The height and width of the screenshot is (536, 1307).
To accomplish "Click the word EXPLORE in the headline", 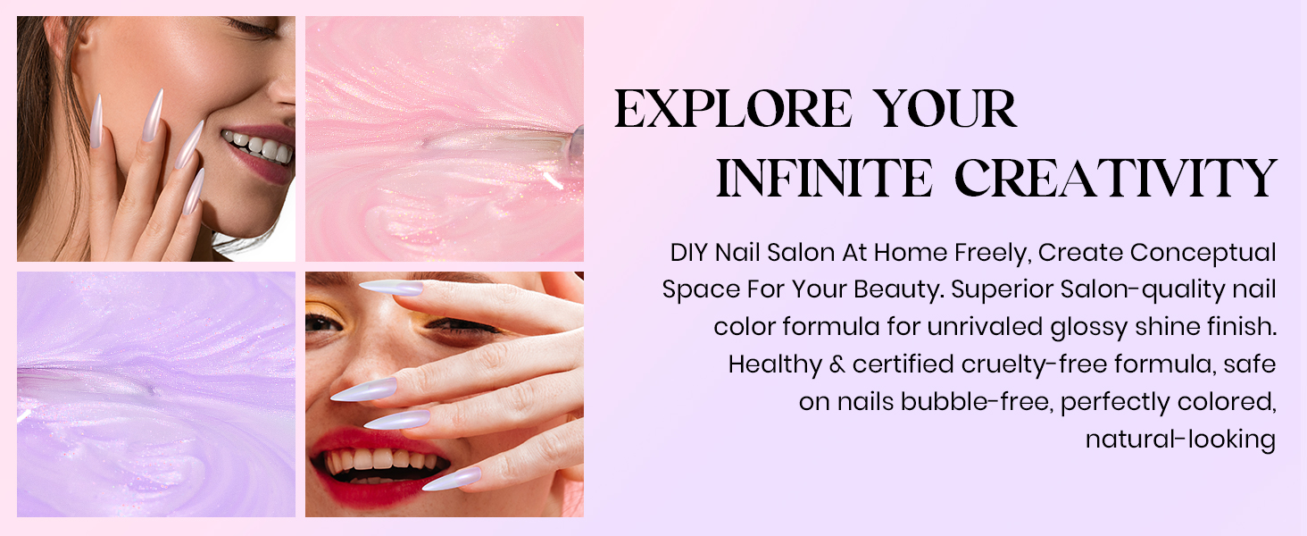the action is point(733,109).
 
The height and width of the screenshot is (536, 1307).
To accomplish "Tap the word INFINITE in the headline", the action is point(824,178).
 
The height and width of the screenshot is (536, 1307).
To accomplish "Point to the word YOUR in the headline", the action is point(946,109).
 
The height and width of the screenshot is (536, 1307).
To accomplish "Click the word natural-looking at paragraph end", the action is point(1180,440).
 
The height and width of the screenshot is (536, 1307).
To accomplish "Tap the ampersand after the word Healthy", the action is point(837,364).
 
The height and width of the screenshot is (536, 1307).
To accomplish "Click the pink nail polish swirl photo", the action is point(444,138).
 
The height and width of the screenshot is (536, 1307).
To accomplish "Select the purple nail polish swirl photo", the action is point(156,394).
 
